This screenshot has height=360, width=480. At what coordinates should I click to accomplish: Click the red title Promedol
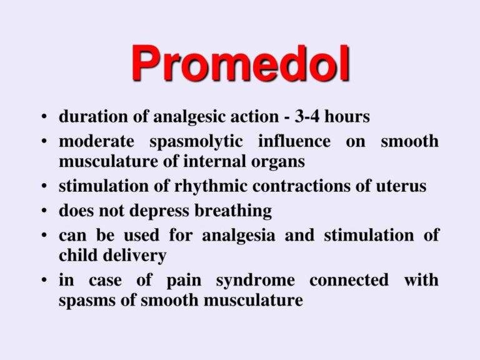(240, 65)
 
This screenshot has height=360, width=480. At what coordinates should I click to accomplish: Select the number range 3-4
(301, 117)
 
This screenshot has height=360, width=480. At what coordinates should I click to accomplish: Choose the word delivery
(136, 256)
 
